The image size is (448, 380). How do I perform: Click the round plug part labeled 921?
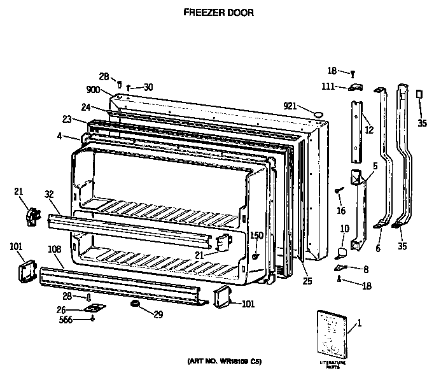pyautogui.click(x=317, y=114)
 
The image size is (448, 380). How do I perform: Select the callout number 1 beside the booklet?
pyautogui.click(x=359, y=323)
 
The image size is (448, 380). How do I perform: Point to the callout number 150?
pyautogui.click(x=256, y=236)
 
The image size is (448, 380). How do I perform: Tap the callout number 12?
pyautogui.click(x=368, y=130)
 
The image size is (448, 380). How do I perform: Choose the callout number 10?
pyautogui.click(x=344, y=229)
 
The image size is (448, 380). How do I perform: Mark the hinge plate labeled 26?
pyautogui.click(x=95, y=309)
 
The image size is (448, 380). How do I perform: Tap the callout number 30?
pyautogui.click(x=148, y=87)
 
